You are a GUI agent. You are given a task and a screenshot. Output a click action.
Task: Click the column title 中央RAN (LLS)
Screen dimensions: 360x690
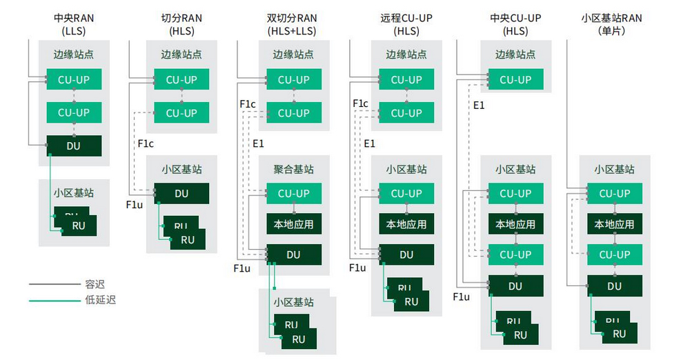74,24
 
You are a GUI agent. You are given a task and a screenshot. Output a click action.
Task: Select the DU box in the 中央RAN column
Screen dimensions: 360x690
74,146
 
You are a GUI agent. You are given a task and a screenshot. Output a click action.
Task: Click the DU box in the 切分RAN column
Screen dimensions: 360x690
181,194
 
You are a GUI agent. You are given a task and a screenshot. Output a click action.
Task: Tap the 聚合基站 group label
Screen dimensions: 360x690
293,169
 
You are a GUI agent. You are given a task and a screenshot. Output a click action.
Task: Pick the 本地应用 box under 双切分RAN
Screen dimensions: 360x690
293,224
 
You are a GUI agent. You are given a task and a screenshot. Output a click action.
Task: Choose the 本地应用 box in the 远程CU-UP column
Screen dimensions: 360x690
406,224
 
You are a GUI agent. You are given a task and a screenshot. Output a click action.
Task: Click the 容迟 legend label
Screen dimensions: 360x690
95,283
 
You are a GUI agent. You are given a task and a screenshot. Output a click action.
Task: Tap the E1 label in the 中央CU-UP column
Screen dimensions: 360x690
479,105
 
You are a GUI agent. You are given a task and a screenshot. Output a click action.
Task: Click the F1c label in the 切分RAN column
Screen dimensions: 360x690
145,143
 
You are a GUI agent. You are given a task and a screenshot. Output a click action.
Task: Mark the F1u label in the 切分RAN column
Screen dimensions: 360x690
134,205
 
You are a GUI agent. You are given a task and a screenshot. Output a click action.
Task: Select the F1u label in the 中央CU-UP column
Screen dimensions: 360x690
461,297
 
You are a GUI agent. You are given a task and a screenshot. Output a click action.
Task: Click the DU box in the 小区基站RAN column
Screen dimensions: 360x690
614,286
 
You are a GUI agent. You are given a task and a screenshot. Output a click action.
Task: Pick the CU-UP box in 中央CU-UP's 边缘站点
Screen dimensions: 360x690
515,79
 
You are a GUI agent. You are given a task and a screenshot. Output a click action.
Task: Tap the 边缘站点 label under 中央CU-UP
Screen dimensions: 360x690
515,54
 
